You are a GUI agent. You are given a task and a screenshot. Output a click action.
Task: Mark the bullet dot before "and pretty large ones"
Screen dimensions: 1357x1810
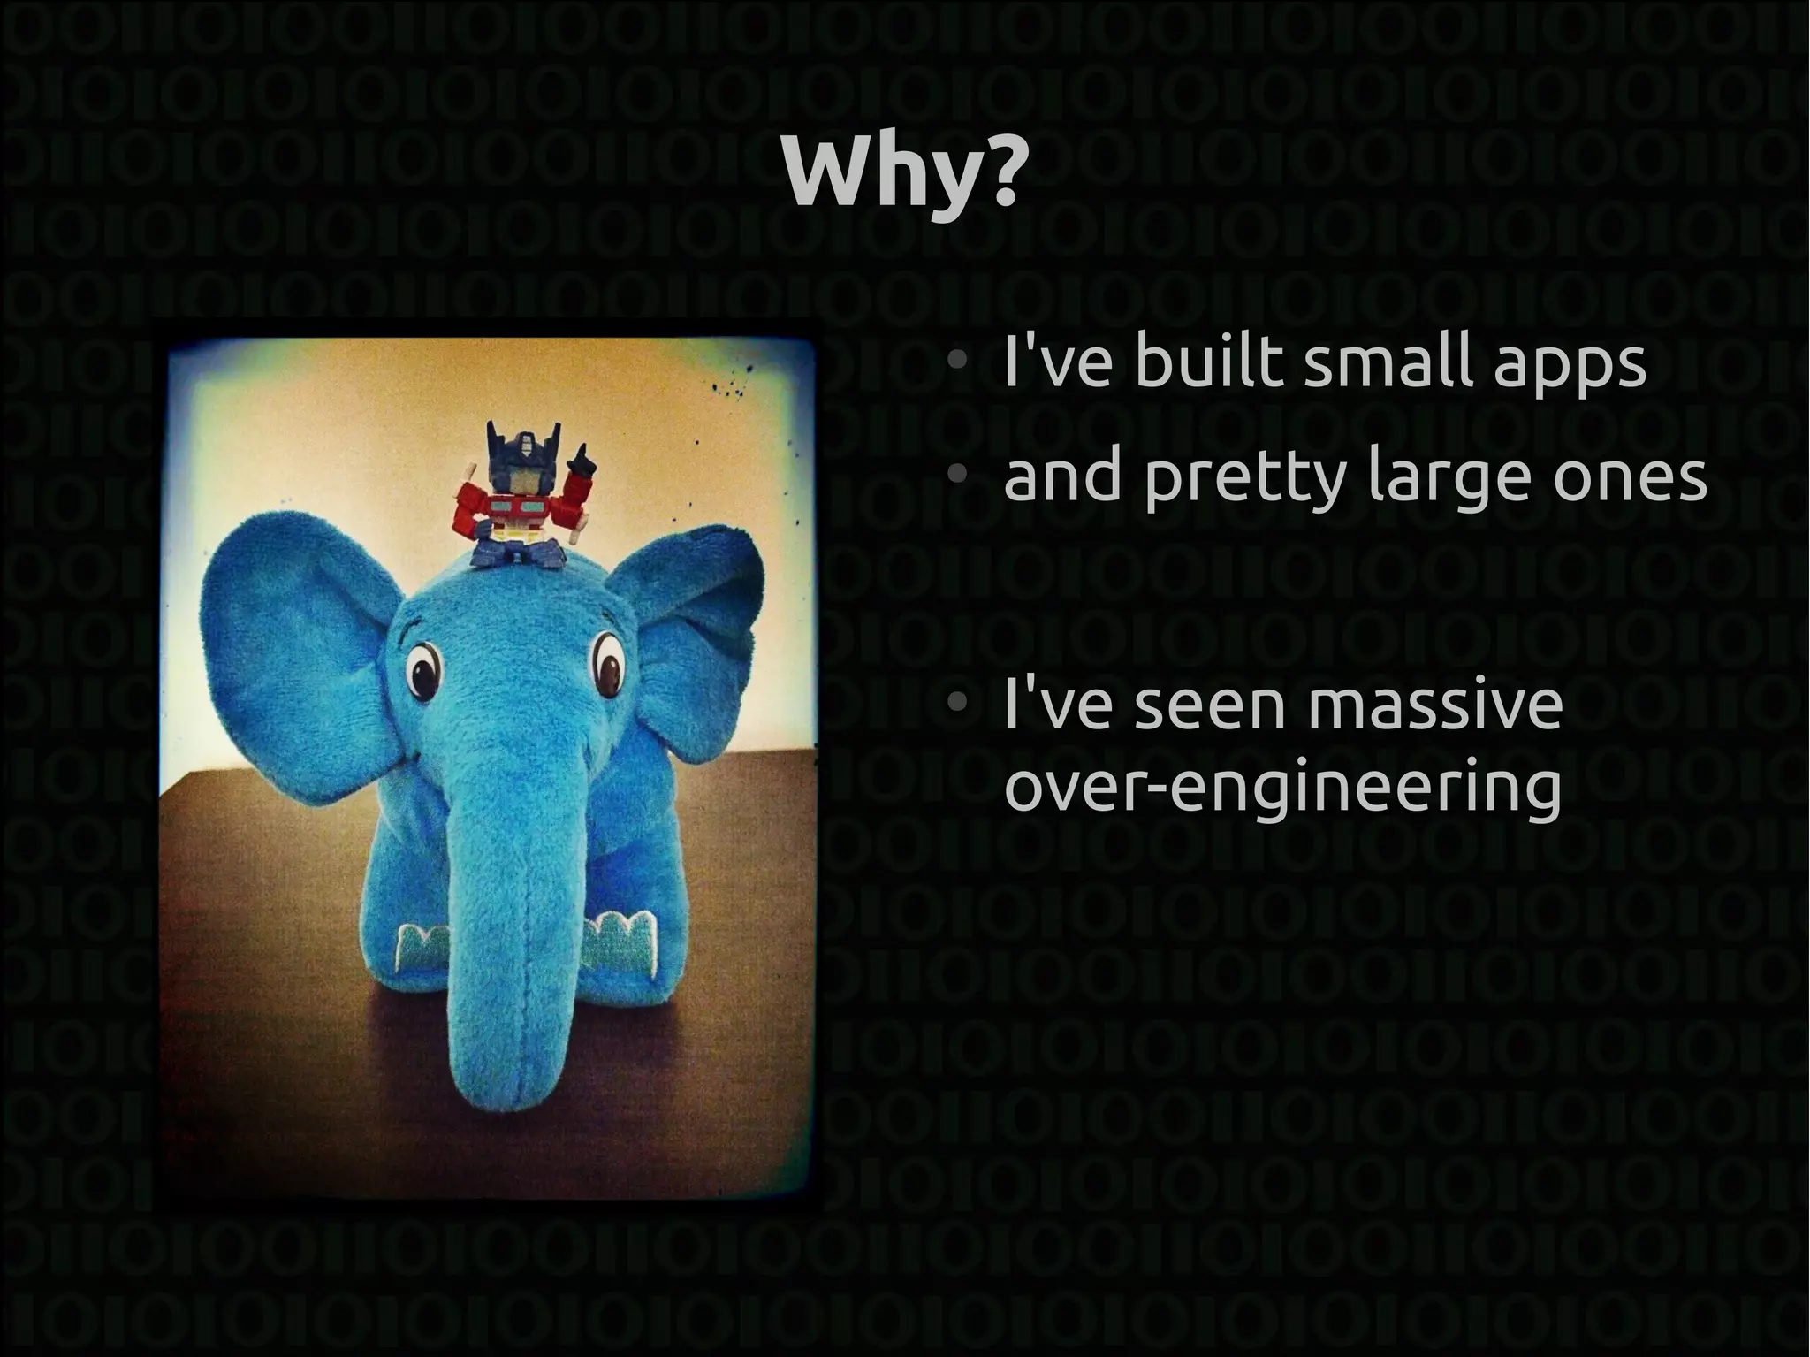pos(954,476)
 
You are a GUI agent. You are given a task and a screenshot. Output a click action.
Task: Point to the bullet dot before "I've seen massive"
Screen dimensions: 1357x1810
pos(954,705)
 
